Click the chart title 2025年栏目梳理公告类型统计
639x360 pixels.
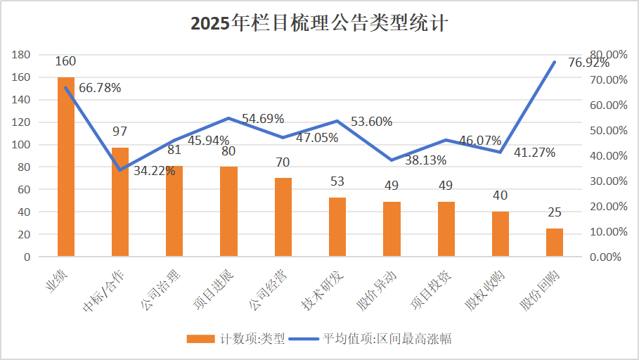319,23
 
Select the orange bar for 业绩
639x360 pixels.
66,167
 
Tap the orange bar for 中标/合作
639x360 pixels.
120,202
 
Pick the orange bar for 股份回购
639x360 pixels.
555,243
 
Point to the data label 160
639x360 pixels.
66,61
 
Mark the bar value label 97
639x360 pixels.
120,131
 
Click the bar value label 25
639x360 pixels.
555,212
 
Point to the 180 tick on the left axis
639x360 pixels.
21,55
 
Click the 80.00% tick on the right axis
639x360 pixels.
608,55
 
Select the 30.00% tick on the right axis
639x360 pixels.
608,181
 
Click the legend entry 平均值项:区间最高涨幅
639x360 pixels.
386,339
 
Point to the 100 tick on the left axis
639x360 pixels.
21,145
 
